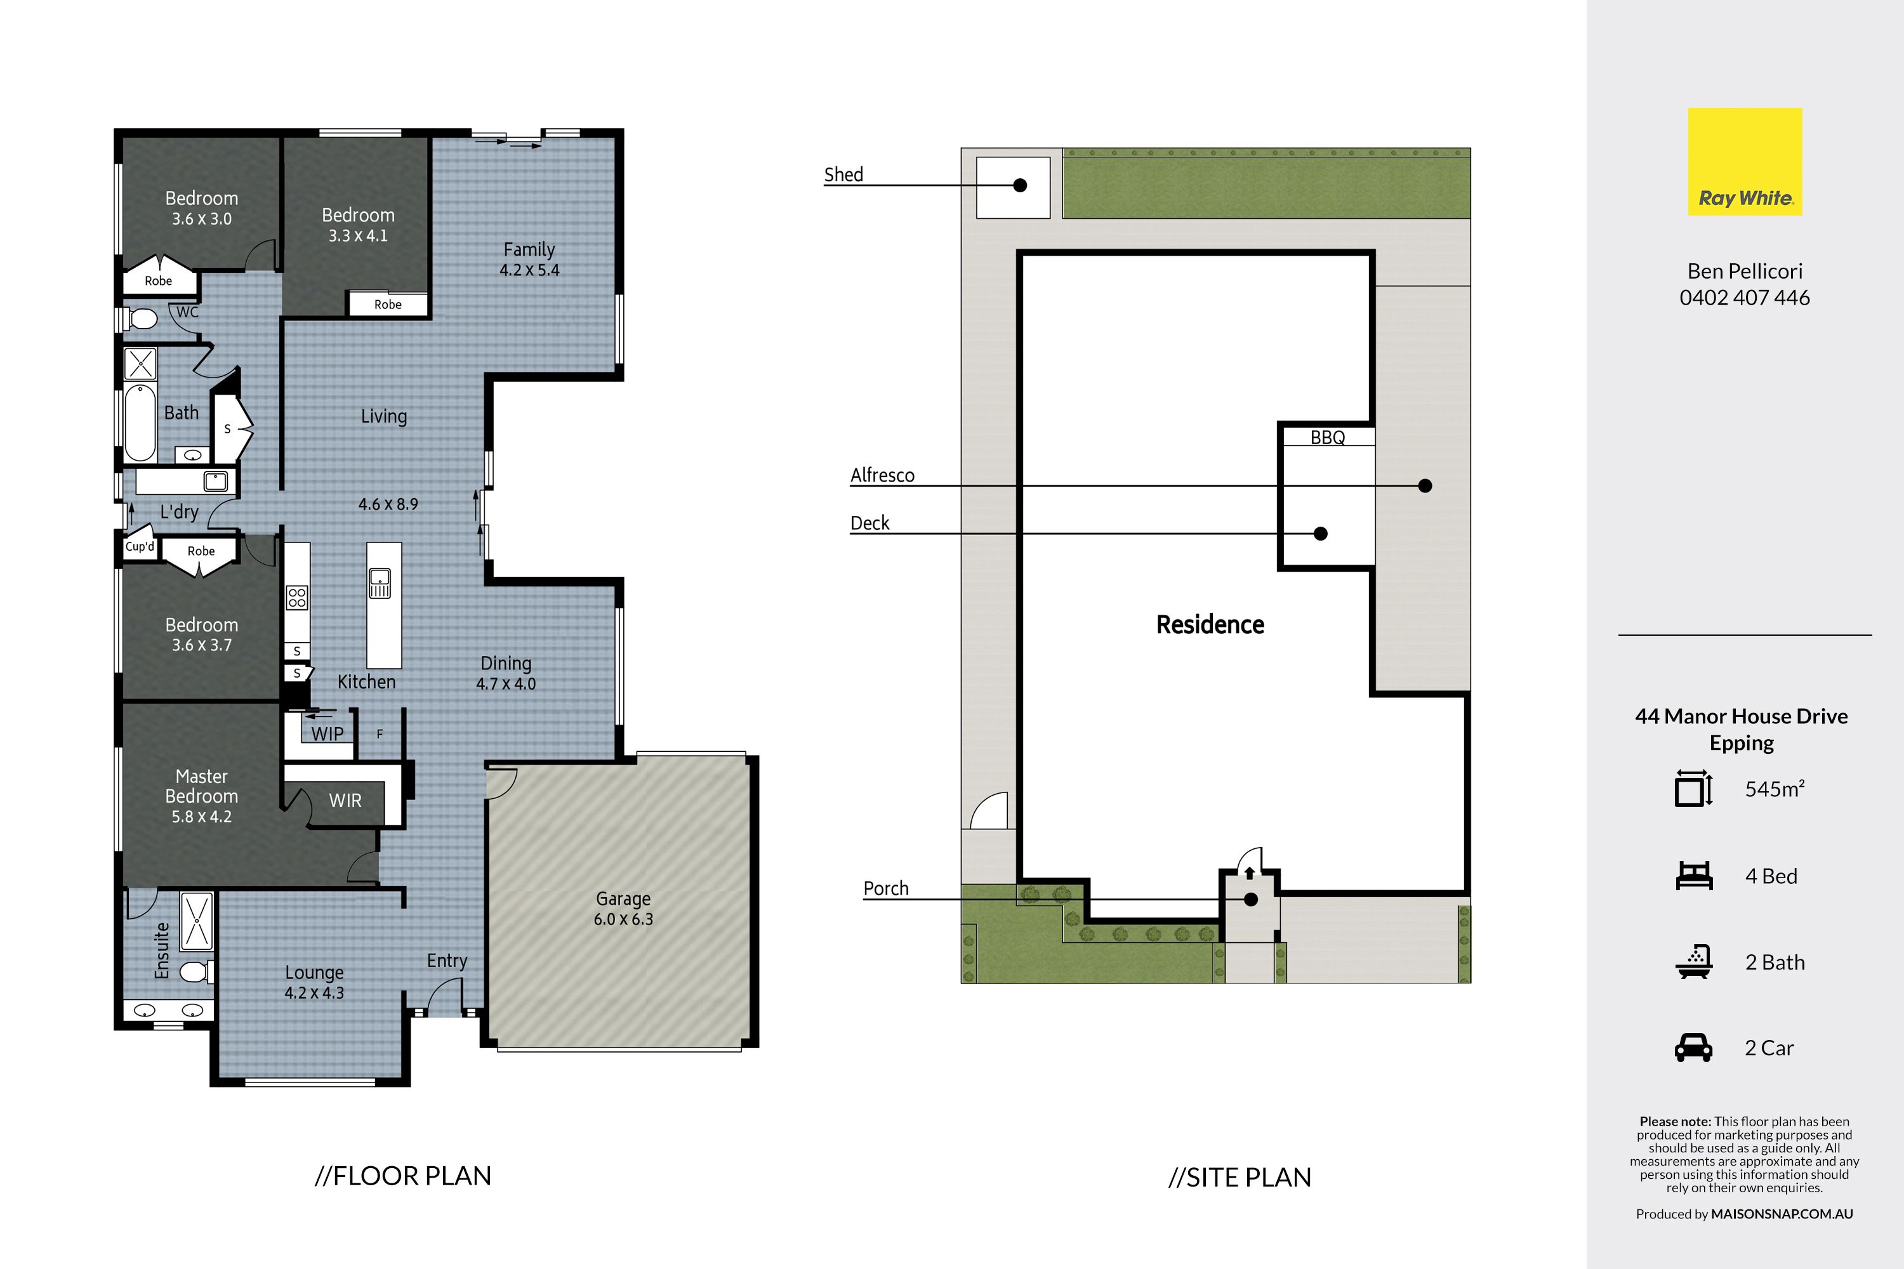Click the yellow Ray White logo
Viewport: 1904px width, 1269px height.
[1745, 162]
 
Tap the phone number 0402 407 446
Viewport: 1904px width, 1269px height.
[1745, 298]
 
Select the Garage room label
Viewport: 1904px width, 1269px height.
[623, 898]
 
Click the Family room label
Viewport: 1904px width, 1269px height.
[529, 249]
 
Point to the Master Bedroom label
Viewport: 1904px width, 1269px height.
[202, 786]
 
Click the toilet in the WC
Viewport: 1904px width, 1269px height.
[141, 318]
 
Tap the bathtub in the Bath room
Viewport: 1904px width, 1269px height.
[140, 423]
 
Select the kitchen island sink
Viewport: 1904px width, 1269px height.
[380, 582]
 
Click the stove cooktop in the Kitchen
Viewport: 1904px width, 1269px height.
[297, 597]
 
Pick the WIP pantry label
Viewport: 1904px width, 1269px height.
[328, 734]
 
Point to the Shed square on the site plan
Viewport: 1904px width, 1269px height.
[1013, 188]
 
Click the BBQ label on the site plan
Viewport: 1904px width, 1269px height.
[1328, 438]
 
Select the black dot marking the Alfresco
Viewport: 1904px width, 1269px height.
[1425, 485]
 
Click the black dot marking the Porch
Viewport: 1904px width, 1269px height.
[1251, 899]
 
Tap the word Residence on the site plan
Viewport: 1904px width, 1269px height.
[1210, 625]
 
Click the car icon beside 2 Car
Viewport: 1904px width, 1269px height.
[1693, 1048]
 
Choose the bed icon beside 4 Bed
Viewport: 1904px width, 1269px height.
[1693, 876]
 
